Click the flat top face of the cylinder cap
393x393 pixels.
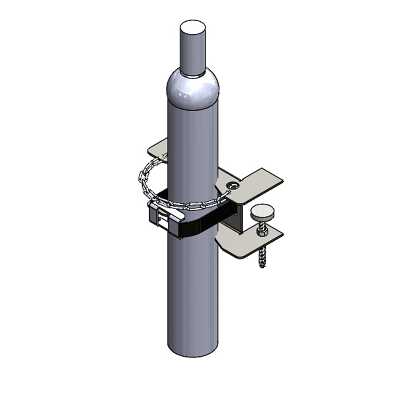point(193,27)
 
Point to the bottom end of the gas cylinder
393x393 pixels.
point(193,354)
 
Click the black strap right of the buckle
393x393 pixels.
point(201,224)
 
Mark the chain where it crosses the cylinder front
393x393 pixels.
point(192,203)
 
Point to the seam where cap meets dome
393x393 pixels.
point(193,75)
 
